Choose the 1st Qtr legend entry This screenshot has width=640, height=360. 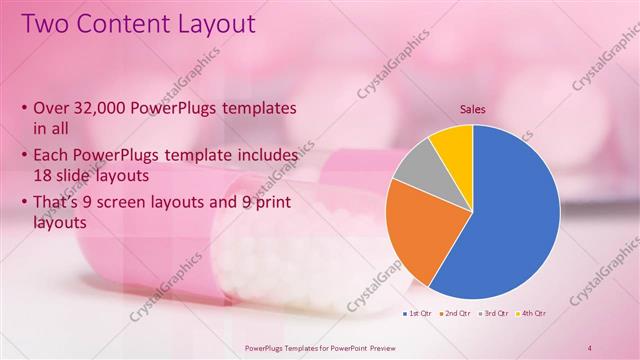415,313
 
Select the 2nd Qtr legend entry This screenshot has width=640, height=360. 456,313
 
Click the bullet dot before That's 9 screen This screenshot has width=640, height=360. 24,200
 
